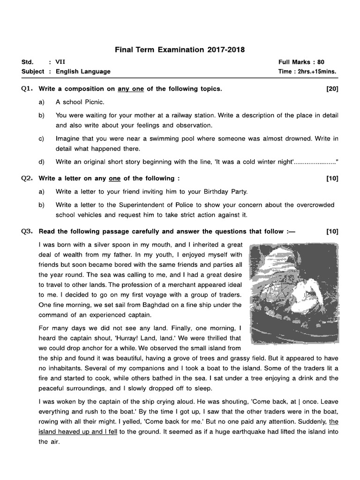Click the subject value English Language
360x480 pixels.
(83, 72)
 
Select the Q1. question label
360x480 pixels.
(27, 89)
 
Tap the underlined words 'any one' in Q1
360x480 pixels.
(131, 89)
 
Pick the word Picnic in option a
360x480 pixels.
(94, 102)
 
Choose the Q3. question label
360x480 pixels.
(27, 231)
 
